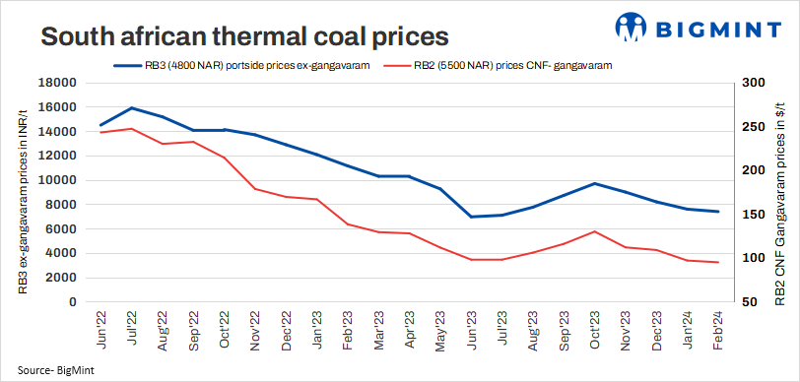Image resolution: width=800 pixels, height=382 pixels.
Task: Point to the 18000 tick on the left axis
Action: [60, 84]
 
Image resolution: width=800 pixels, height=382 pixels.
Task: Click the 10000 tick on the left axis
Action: [60, 180]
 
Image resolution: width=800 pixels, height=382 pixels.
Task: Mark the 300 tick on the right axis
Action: [752, 84]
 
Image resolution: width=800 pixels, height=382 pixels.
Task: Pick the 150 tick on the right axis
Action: [752, 215]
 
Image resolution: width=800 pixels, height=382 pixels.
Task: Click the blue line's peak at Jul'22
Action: [132, 108]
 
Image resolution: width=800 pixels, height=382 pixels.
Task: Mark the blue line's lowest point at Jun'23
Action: [471, 217]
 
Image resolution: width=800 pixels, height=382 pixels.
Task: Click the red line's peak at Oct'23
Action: [594, 231]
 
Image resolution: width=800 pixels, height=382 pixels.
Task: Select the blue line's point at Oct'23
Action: [594, 183]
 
